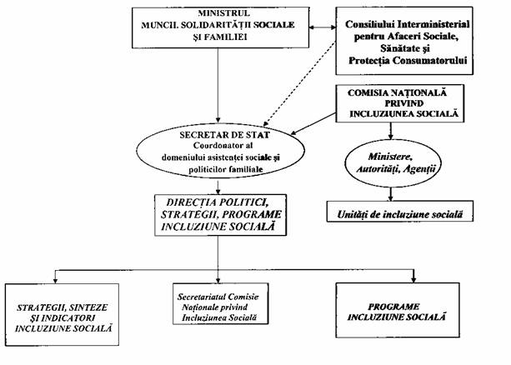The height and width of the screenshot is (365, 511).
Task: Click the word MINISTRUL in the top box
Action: click(x=224, y=13)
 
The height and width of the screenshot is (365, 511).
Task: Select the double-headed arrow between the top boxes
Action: click(x=323, y=27)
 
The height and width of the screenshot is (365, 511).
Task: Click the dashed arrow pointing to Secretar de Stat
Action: click(x=300, y=84)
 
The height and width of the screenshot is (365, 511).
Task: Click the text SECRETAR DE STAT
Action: click(x=224, y=135)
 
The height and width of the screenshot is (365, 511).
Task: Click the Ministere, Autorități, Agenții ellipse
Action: click(x=393, y=163)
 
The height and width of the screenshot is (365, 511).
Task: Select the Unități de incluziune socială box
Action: click(x=400, y=212)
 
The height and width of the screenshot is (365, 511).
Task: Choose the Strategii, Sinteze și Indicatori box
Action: click(x=62, y=314)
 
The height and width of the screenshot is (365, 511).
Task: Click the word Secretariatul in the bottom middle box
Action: click(x=202, y=297)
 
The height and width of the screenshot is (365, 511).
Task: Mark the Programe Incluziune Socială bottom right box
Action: click(x=398, y=310)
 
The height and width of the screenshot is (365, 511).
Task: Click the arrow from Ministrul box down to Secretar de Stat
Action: click(x=218, y=85)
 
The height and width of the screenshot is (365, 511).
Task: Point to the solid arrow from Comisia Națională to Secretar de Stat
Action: click(x=313, y=124)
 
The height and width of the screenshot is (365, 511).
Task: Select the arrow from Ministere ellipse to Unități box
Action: click(x=391, y=194)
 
